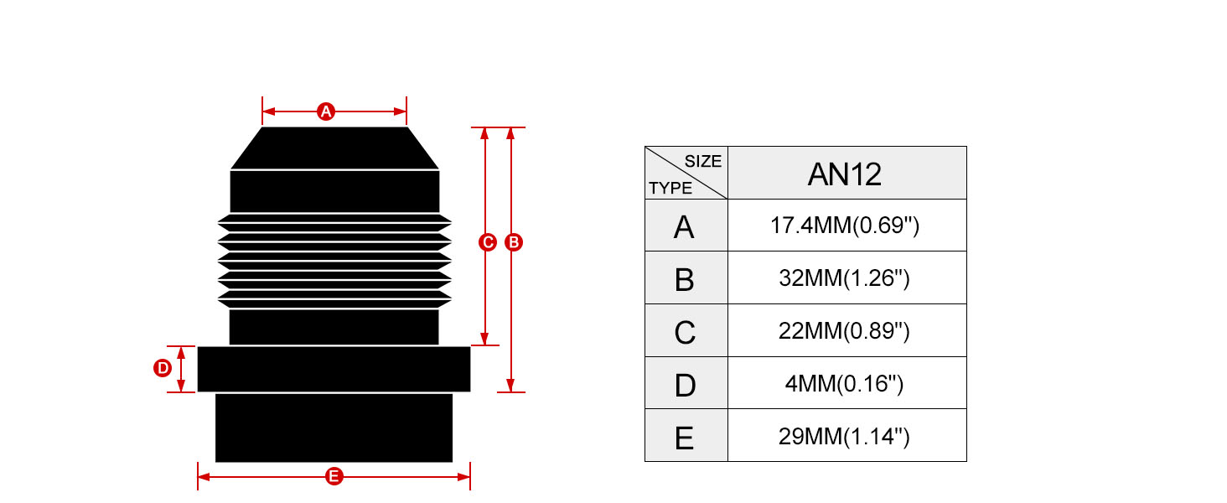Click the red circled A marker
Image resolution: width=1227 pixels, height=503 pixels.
point(326,111)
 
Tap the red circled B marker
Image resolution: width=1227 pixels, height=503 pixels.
point(513,242)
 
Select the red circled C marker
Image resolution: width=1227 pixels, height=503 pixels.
point(487,242)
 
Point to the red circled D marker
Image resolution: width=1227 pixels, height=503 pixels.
point(163,368)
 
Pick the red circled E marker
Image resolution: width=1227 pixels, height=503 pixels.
point(334,476)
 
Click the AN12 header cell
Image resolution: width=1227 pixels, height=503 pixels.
point(846,174)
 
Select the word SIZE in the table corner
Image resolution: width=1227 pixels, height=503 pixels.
point(703,161)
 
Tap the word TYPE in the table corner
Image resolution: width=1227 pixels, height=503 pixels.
point(670,188)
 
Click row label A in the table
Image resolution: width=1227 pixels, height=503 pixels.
point(684,227)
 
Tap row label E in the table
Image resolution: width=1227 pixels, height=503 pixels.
point(684,438)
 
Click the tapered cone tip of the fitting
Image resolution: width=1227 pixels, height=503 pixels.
point(334,148)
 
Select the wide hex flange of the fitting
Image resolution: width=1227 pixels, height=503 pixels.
point(334,369)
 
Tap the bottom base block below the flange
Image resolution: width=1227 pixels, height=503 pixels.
point(334,428)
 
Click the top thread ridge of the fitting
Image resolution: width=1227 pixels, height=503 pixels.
point(334,222)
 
